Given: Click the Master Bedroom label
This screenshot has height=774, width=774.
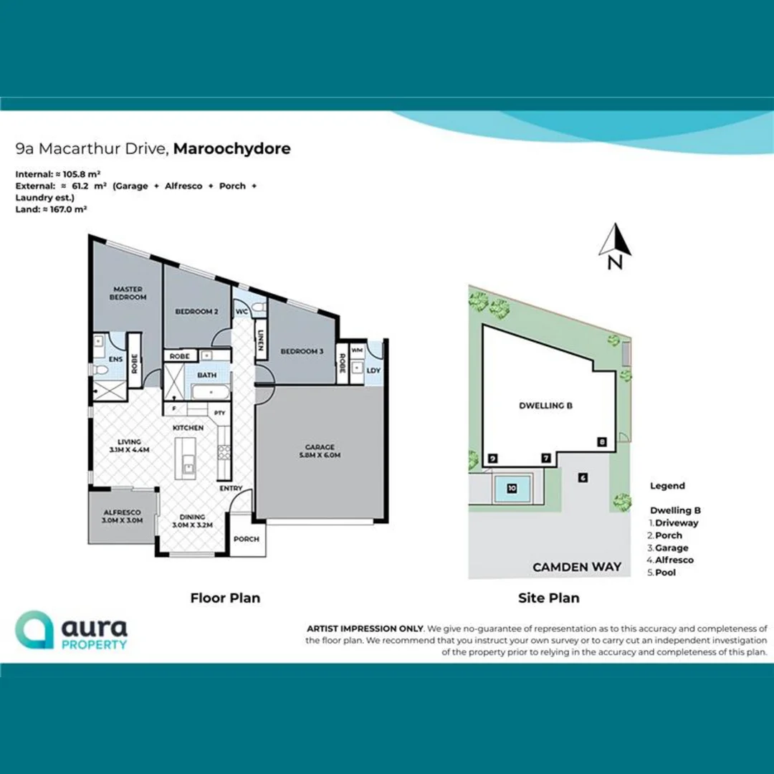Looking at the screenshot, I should coord(128,293).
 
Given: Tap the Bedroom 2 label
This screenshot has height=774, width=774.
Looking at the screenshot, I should coord(196,312).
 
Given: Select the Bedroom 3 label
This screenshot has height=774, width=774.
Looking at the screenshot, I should coord(301,351).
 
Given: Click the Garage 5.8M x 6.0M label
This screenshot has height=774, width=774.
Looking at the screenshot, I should coord(320,451).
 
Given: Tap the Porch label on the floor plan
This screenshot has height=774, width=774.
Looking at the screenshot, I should coord(247,539).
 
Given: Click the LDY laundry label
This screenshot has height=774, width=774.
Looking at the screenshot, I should coord(373,371).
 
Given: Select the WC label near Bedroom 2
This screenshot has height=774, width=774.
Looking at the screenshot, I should coord(242,312).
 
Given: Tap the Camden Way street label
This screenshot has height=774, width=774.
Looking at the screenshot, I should coord(576,567).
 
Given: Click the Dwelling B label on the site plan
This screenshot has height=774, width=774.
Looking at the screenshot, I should coord(545,406).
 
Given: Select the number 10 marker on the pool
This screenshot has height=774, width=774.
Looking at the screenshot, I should coord(512,488).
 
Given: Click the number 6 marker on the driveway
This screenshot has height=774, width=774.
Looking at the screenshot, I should coord(583,477).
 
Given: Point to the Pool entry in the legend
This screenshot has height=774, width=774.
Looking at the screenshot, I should coord(664,573).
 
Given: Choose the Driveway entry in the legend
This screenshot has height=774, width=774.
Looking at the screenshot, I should coord(676,523).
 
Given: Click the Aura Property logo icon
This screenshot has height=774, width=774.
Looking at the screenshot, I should coord(34,630).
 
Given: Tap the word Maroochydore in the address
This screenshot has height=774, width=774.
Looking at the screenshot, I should coord(231,149).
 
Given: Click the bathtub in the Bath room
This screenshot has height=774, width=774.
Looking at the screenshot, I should coord(210,391).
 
